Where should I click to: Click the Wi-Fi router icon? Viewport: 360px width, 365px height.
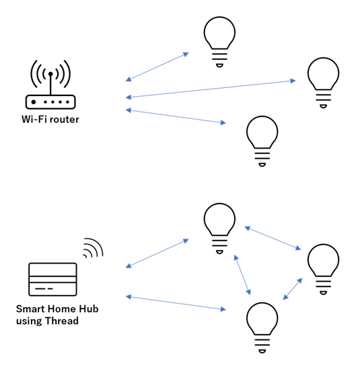point(50,102)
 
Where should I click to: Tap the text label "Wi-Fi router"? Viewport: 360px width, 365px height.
point(50,120)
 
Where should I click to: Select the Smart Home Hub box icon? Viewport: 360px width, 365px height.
point(52,280)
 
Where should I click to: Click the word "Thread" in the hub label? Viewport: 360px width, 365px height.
point(62,321)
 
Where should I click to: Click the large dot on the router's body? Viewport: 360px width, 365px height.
point(34,102)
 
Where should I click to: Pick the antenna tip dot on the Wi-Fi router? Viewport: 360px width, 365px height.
point(50,74)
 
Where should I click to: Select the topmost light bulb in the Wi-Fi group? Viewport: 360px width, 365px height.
point(219,42)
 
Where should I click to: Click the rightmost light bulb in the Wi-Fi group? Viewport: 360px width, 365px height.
point(323,83)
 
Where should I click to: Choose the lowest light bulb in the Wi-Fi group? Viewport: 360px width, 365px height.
point(262,141)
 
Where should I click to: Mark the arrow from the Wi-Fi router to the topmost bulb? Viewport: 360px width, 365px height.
point(157,67)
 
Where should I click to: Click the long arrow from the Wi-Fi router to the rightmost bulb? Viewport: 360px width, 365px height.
point(211,89)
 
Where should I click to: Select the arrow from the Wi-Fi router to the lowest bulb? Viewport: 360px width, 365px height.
point(176,116)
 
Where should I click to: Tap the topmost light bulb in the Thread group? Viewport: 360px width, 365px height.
point(219,229)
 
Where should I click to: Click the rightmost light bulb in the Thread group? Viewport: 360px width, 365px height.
point(323,270)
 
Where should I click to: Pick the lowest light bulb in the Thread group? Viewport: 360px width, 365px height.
point(262,328)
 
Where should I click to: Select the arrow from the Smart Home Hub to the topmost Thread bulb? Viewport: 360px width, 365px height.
point(157,253)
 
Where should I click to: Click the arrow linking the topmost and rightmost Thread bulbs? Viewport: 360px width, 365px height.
point(273,238)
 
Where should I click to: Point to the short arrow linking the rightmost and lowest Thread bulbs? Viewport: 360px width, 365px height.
point(293,288)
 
